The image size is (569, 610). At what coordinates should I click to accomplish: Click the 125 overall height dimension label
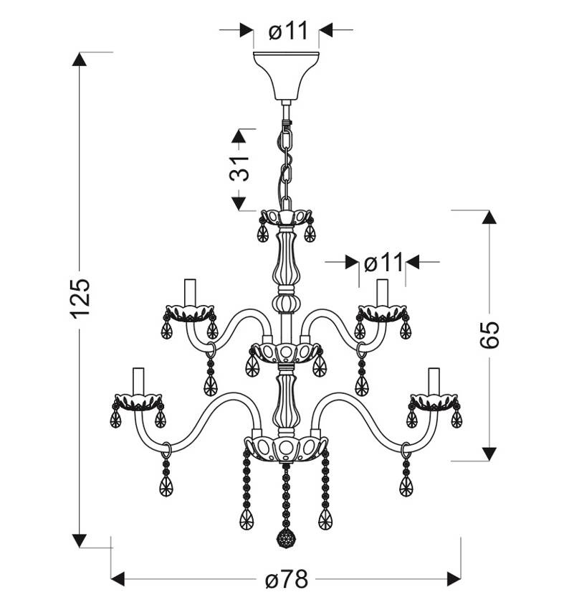click(x=80, y=298)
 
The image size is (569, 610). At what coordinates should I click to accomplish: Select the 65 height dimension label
click(x=489, y=334)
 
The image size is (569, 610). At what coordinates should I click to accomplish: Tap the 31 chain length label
click(x=239, y=169)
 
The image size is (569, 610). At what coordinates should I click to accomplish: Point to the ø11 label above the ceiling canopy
click(x=288, y=30)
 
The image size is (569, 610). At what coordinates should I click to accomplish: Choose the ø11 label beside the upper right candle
click(x=383, y=263)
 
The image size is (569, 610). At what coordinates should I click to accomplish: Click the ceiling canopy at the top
click(x=286, y=75)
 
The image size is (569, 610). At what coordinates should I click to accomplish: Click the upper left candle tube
click(x=190, y=293)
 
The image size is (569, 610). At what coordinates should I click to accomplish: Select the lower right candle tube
click(x=434, y=381)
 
